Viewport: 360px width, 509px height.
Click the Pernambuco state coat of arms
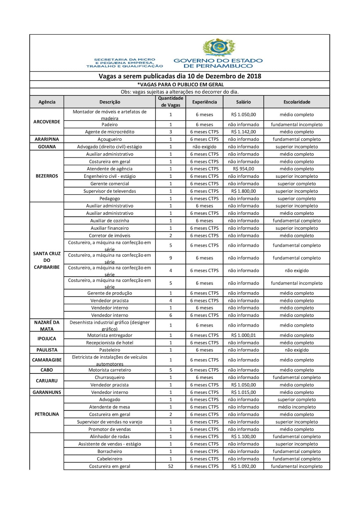click(x=219, y=47)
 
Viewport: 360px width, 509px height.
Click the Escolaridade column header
click(x=297, y=102)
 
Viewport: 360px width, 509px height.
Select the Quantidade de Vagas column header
click(x=171, y=102)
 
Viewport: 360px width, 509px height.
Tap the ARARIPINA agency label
click(x=47, y=139)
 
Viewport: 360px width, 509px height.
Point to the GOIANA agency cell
click(x=47, y=147)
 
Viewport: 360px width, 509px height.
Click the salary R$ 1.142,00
click(x=244, y=132)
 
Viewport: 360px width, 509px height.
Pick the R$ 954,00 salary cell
click(x=244, y=169)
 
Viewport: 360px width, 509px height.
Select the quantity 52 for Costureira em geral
click(x=171, y=466)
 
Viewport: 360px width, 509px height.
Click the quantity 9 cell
click(x=171, y=258)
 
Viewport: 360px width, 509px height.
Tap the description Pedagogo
click(x=109, y=199)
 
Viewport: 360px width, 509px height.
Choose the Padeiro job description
click(x=109, y=125)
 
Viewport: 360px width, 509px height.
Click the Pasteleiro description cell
click(x=109, y=350)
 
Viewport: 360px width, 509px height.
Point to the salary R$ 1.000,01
click(x=244, y=335)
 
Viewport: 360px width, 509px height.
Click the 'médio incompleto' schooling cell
click(x=297, y=407)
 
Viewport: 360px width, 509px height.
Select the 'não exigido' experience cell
click(x=204, y=147)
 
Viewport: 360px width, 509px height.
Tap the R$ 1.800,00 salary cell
click(x=244, y=191)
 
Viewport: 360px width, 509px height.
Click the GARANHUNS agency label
click(x=47, y=392)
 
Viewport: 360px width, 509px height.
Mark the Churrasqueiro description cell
click(x=109, y=377)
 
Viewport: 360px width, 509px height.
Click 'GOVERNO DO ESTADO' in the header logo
click(x=218, y=60)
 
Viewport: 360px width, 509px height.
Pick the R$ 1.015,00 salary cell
click(x=244, y=392)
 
